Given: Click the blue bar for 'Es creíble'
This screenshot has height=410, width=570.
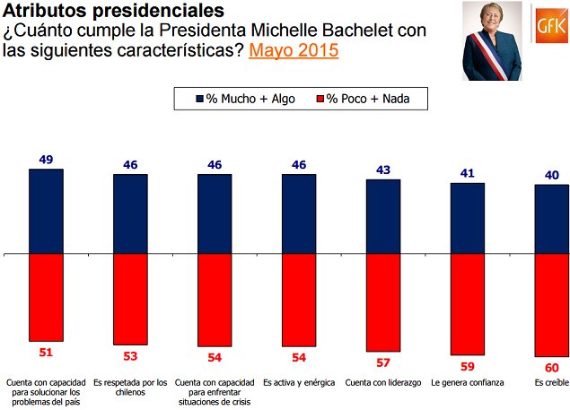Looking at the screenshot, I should [551, 219].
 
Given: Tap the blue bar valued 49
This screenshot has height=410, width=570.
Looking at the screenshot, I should [46, 211].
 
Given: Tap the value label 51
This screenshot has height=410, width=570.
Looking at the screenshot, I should [46, 352].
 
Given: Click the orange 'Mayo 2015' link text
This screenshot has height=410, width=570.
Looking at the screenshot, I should [294, 50].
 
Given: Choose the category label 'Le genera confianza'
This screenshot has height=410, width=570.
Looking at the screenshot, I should [468, 383].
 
